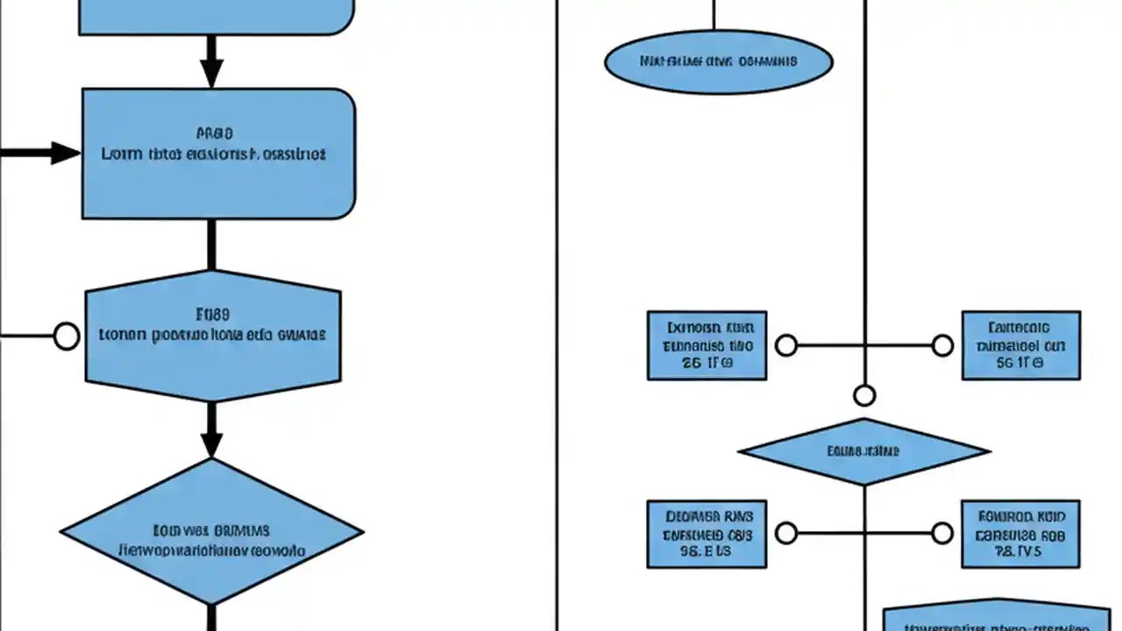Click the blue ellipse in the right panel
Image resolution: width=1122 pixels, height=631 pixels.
click(x=719, y=62)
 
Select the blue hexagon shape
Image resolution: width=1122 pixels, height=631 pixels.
click(x=213, y=336)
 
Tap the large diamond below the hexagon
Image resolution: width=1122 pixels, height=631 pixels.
click(x=211, y=531)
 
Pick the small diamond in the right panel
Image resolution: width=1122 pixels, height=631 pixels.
click(x=864, y=452)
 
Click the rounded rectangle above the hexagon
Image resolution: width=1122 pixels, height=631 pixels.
click(x=218, y=153)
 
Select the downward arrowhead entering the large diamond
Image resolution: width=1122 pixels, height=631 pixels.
click(x=211, y=442)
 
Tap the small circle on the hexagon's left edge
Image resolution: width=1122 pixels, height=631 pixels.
click(x=67, y=336)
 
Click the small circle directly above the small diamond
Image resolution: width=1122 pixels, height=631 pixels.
click(x=864, y=396)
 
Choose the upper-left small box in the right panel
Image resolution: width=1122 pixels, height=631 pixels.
click(x=707, y=345)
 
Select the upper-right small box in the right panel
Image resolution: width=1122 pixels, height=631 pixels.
click(x=1020, y=345)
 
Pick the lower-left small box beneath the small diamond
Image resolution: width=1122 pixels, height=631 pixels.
click(x=707, y=533)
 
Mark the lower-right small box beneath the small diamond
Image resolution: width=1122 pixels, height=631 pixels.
click(x=1020, y=533)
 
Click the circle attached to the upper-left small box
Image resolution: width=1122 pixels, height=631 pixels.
click(x=786, y=345)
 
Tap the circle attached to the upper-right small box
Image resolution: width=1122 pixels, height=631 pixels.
click(x=942, y=345)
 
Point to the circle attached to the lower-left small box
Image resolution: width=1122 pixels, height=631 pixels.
click(x=786, y=533)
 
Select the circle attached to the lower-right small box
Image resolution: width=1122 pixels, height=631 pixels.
click(x=942, y=533)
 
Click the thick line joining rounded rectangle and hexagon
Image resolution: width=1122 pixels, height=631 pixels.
click(x=211, y=245)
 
